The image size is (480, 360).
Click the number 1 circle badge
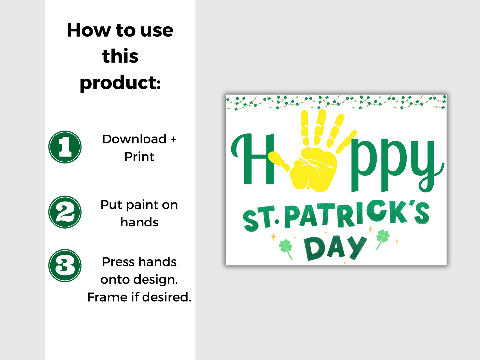(x=65, y=147)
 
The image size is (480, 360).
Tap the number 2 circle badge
(x=65, y=212)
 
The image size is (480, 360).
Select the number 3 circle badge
(x=65, y=265)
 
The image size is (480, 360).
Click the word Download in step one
(x=134, y=139)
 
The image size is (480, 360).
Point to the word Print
(x=139, y=157)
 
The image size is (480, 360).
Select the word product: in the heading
(x=120, y=83)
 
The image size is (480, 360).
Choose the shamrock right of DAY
(x=382, y=237)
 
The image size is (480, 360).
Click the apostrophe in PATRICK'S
(x=411, y=204)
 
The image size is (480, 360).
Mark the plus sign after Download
(x=173, y=139)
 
